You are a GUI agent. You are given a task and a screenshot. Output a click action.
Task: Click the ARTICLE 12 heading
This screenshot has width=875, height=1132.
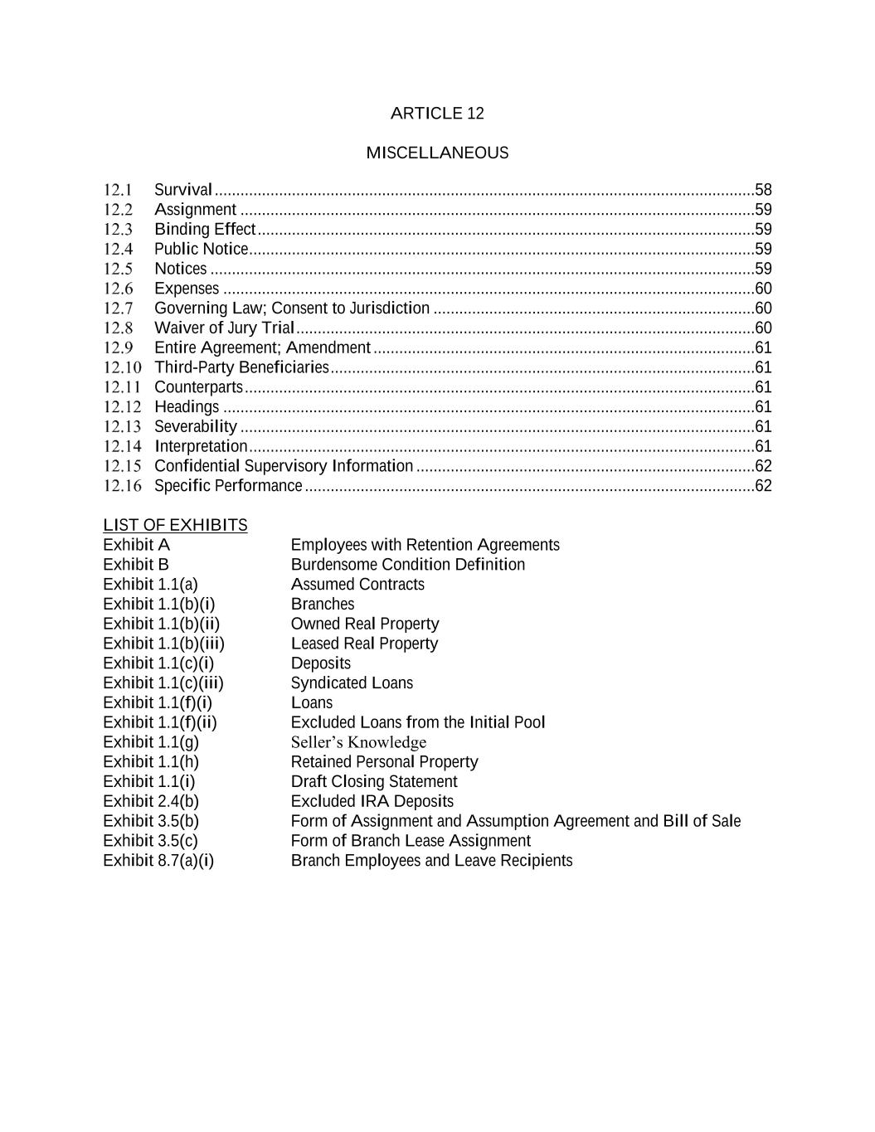pos(437,114)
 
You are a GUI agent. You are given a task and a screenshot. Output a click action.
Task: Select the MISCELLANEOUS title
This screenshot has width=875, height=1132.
pos(437,153)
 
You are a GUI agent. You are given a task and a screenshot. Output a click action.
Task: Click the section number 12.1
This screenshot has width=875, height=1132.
pos(118,190)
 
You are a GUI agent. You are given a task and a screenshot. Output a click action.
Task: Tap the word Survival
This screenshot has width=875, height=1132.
pos(183,190)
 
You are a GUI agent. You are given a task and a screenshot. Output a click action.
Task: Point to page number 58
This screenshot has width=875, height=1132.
pos(763,190)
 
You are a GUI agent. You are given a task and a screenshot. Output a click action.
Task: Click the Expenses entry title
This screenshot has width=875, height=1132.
pos(187,289)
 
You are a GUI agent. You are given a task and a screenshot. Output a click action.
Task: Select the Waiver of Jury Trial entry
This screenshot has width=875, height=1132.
pos(225,328)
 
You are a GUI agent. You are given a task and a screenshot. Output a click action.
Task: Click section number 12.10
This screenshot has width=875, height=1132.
pos(122,367)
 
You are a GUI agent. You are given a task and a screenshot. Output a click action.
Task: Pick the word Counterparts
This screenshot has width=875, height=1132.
pos(199,387)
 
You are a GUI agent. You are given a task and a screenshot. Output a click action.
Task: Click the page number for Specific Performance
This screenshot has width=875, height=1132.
pos(763,486)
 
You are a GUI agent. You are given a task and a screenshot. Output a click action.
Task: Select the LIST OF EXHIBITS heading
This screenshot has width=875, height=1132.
pos(175,526)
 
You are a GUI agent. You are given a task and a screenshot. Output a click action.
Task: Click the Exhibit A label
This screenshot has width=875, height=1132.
pos(136,545)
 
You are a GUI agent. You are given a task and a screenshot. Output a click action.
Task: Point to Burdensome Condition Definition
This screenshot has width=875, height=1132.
pos(408,565)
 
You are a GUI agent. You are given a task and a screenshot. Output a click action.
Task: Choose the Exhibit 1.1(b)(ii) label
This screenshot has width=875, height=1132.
pos(161,624)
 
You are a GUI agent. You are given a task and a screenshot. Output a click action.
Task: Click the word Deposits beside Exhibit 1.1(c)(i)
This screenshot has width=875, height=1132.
pos(321,663)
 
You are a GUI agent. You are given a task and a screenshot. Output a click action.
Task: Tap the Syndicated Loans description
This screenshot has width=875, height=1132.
pos(352,683)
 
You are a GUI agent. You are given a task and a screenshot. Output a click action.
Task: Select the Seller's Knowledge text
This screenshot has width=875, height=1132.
pos(358,742)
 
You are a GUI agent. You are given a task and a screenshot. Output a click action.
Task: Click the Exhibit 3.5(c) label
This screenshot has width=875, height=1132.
pos(150,841)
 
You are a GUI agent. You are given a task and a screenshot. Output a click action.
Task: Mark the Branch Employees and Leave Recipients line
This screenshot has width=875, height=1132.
pos(431,861)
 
